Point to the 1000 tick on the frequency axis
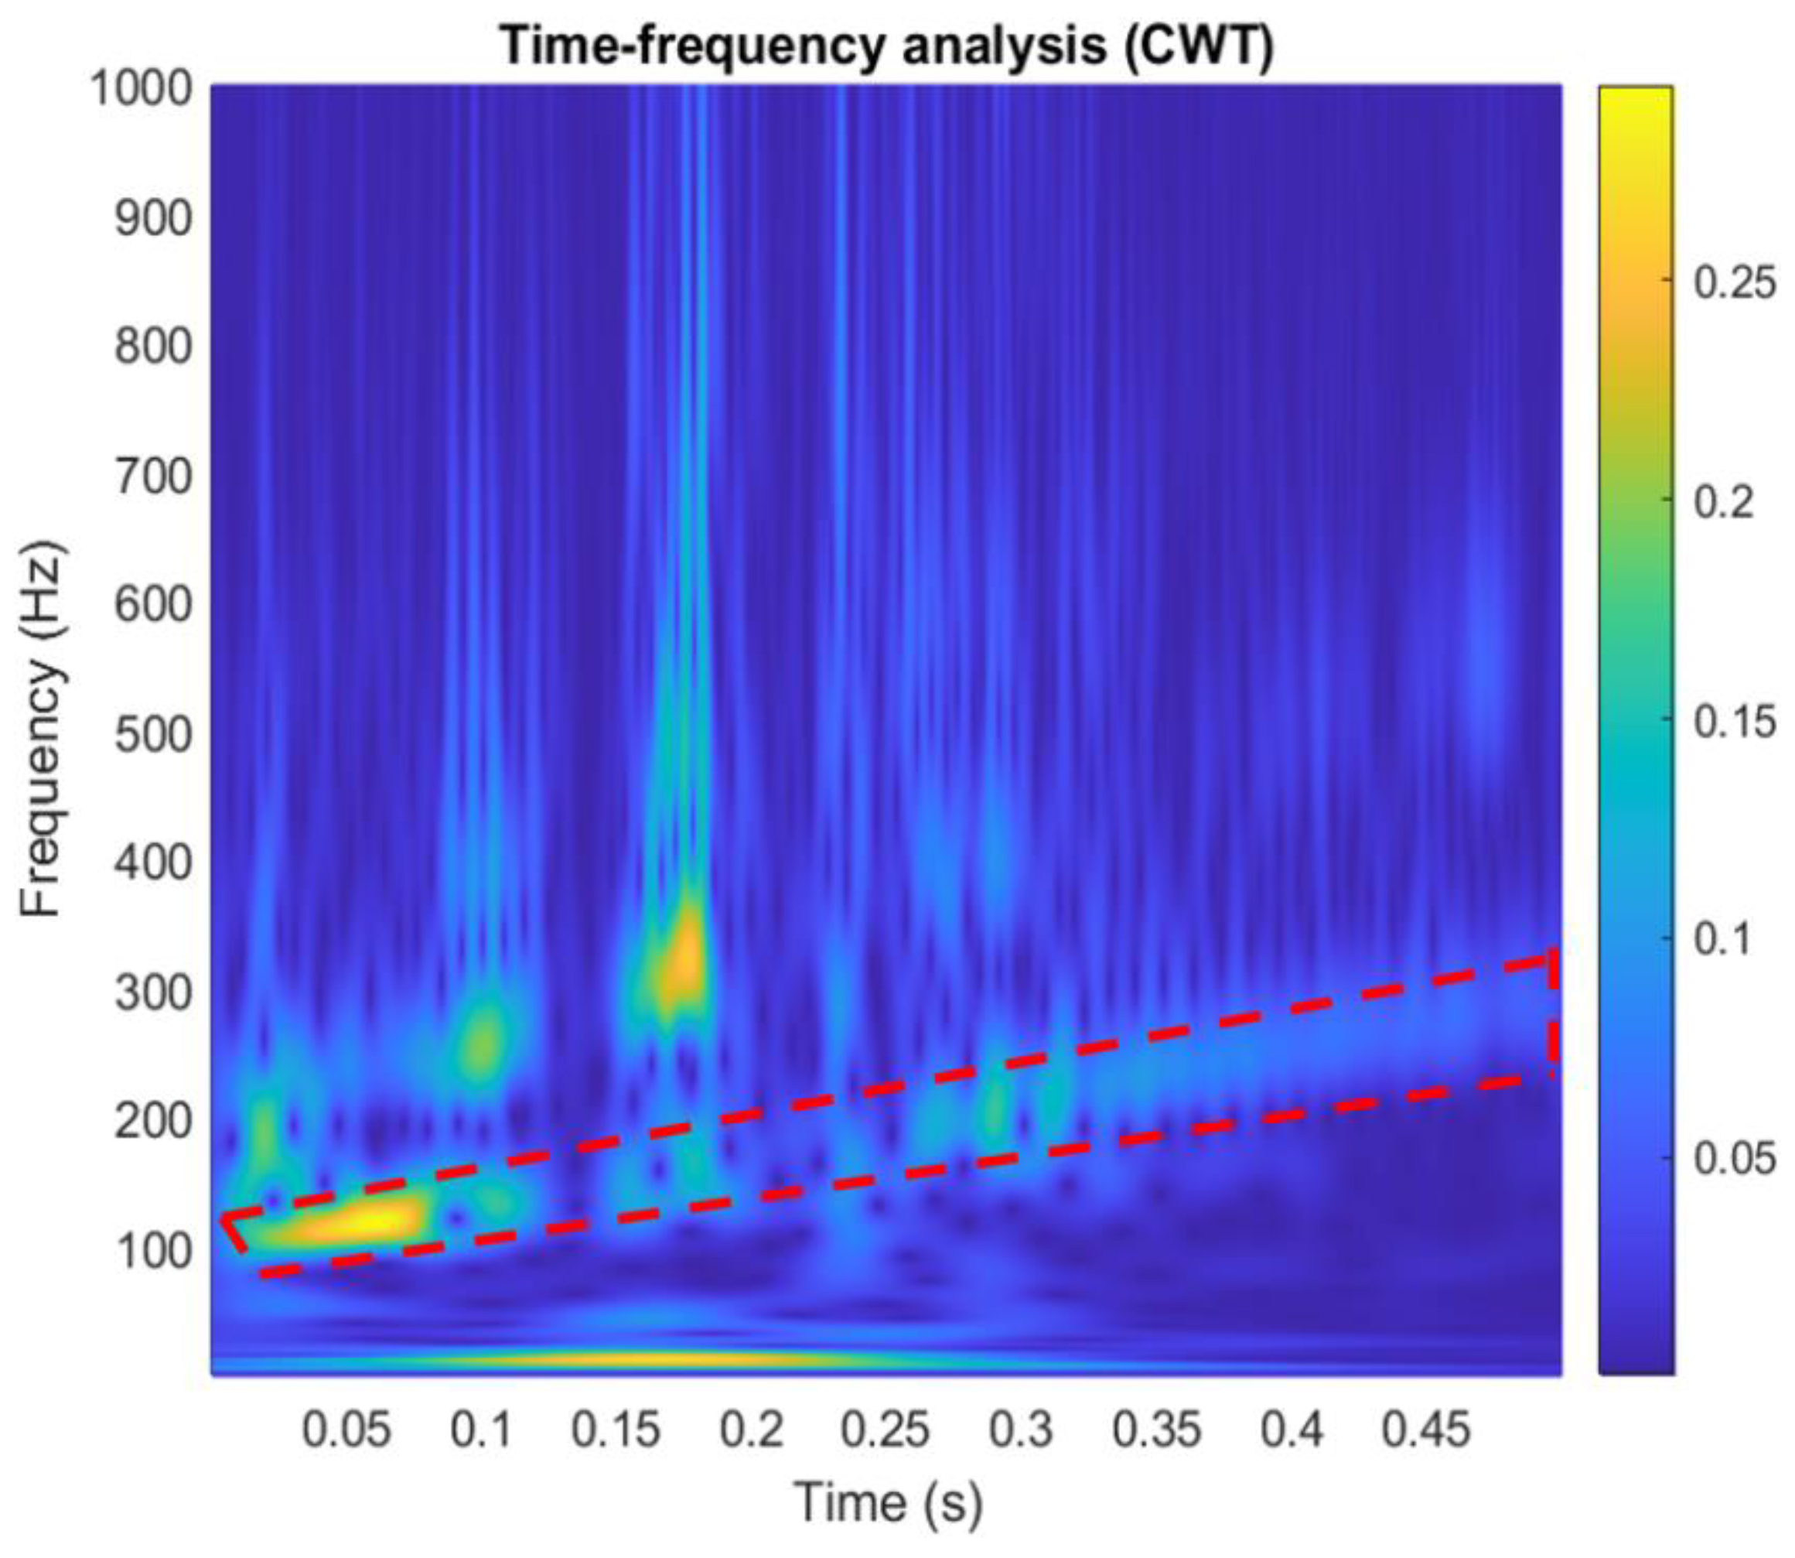click(x=142, y=89)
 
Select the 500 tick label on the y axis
click(x=153, y=735)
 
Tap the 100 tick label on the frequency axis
click(x=153, y=1252)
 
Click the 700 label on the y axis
click(x=153, y=477)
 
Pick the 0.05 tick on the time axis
click(x=346, y=1429)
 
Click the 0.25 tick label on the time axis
click(x=886, y=1429)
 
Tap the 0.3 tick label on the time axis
click(x=1022, y=1429)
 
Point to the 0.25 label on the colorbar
click(x=1733, y=283)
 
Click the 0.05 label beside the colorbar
click(x=1733, y=1159)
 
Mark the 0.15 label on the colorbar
click(x=1733, y=722)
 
